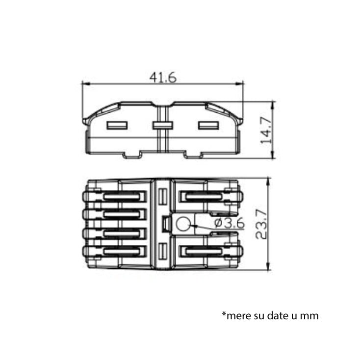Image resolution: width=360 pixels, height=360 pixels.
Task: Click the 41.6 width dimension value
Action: coord(163,77)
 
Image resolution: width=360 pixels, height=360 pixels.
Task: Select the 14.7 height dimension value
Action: coord(266,130)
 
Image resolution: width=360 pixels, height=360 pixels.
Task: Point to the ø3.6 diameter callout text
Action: coord(230,223)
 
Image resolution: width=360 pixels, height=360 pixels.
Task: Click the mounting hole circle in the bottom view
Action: coord(183,224)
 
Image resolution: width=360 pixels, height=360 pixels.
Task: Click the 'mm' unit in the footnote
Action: coord(309,316)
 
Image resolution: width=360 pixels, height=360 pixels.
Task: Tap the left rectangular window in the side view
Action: coord(117,126)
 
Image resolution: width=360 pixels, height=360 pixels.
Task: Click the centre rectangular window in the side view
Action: coord(163,126)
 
